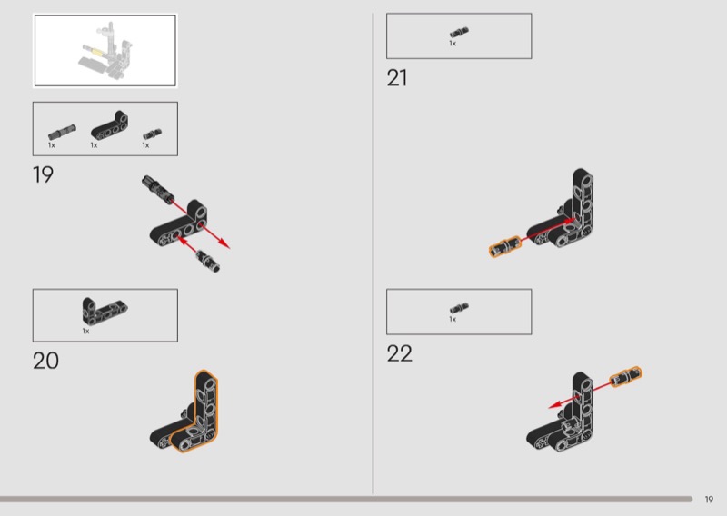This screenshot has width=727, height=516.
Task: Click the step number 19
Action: coord(43,174)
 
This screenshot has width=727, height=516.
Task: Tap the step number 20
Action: coord(45,361)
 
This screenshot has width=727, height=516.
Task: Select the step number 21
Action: coord(397,78)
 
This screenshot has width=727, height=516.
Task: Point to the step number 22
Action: coord(399,353)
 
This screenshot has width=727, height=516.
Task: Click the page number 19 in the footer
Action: coord(709,500)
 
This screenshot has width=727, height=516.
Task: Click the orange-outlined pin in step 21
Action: coord(505,246)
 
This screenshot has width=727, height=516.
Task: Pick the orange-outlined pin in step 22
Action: coord(626,376)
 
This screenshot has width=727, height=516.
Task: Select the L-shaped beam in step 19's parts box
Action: coord(110,125)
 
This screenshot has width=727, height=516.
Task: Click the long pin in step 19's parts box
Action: coord(62,132)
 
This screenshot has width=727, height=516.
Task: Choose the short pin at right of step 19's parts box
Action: coord(152,134)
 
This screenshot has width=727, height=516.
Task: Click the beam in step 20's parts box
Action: coord(105,310)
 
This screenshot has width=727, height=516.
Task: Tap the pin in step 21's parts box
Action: coord(459,32)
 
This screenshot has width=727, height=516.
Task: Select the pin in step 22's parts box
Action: coord(459,308)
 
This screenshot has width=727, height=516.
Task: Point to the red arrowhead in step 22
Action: coord(555,405)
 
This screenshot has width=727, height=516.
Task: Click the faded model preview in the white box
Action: coord(106,50)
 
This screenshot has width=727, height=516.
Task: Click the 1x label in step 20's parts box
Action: coord(85,331)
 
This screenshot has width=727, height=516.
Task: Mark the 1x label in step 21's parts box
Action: coord(453,43)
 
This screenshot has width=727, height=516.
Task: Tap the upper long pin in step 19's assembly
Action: coord(158,189)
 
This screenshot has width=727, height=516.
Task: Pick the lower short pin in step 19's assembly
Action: coord(208,261)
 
